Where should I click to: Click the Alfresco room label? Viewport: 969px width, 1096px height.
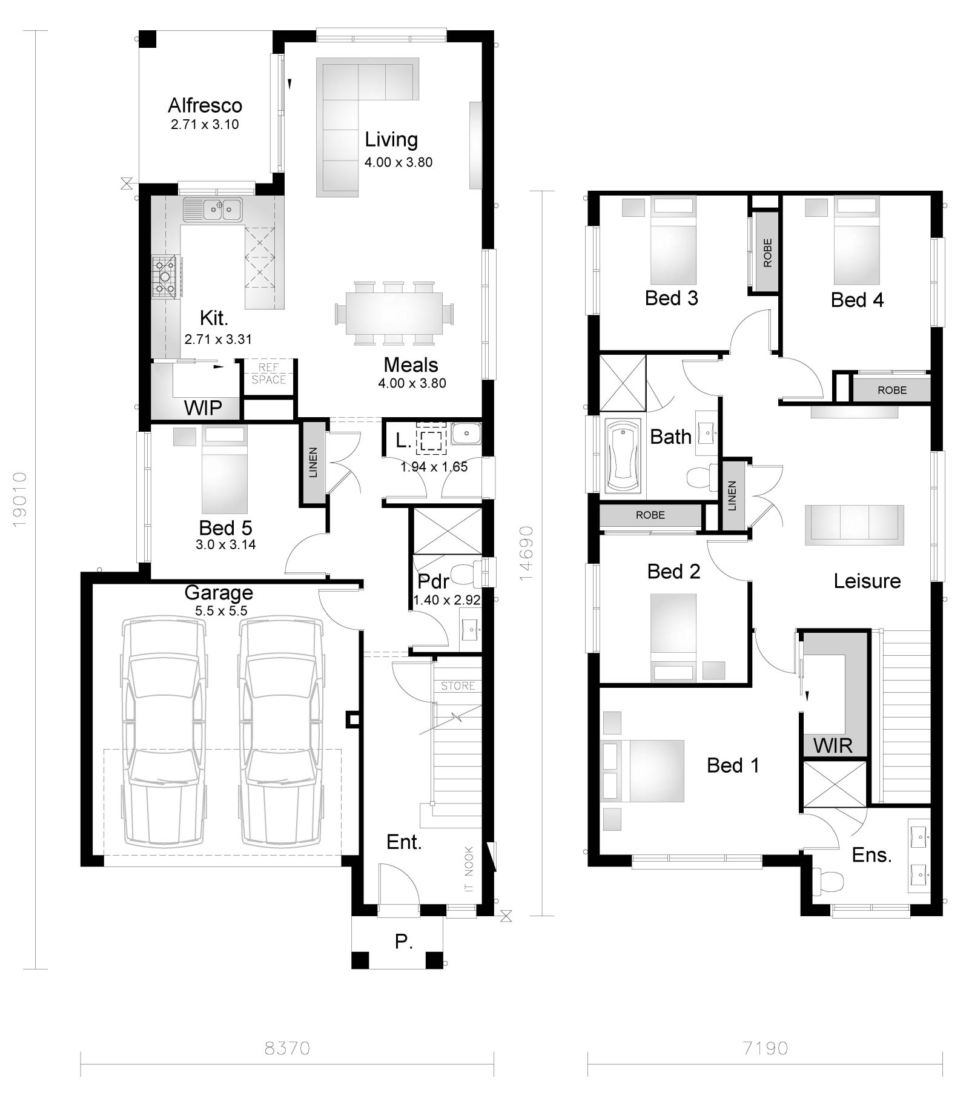(205, 106)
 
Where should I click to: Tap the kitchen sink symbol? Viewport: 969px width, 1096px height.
(213, 210)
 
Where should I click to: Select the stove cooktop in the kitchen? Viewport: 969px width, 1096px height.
(165, 278)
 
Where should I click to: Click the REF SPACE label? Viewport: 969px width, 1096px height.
(268, 374)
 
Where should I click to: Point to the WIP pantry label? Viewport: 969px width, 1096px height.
(203, 408)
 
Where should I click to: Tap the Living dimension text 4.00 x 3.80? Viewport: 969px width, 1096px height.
(398, 162)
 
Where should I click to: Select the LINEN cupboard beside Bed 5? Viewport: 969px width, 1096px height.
(313, 463)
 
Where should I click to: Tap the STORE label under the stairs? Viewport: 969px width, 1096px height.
(458, 685)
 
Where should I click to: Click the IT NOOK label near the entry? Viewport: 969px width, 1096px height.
(469, 870)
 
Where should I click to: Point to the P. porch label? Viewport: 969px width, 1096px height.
(403, 942)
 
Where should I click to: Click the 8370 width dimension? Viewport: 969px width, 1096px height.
(287, 1048)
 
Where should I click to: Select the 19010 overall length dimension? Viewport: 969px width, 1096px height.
(20, 500)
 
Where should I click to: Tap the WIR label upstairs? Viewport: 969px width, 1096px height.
(833, 745)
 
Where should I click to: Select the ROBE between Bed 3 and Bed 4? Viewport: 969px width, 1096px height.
(767, 253)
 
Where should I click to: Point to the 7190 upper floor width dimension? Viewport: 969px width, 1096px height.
(765, 1048)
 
